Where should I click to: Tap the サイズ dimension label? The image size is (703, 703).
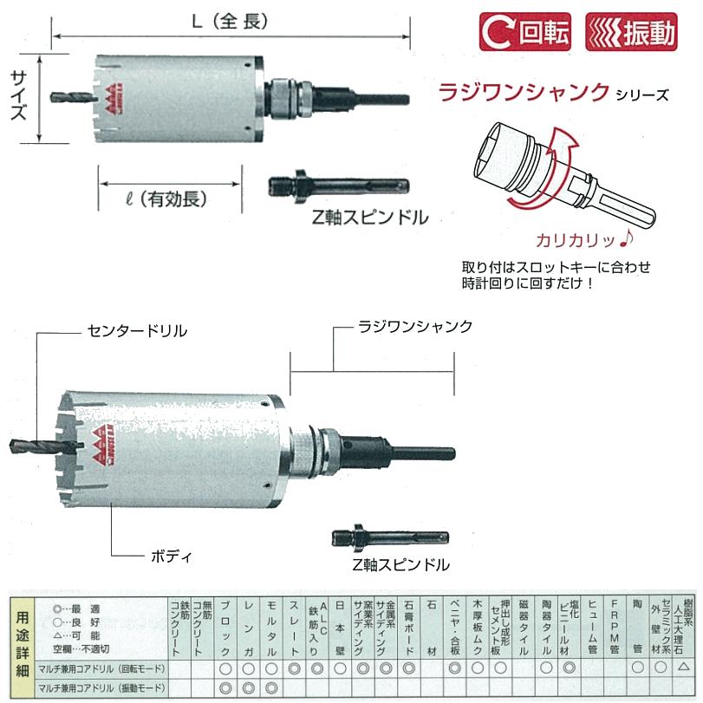[x=18, y=100]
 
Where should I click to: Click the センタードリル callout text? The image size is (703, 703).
[x=136, y=331]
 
